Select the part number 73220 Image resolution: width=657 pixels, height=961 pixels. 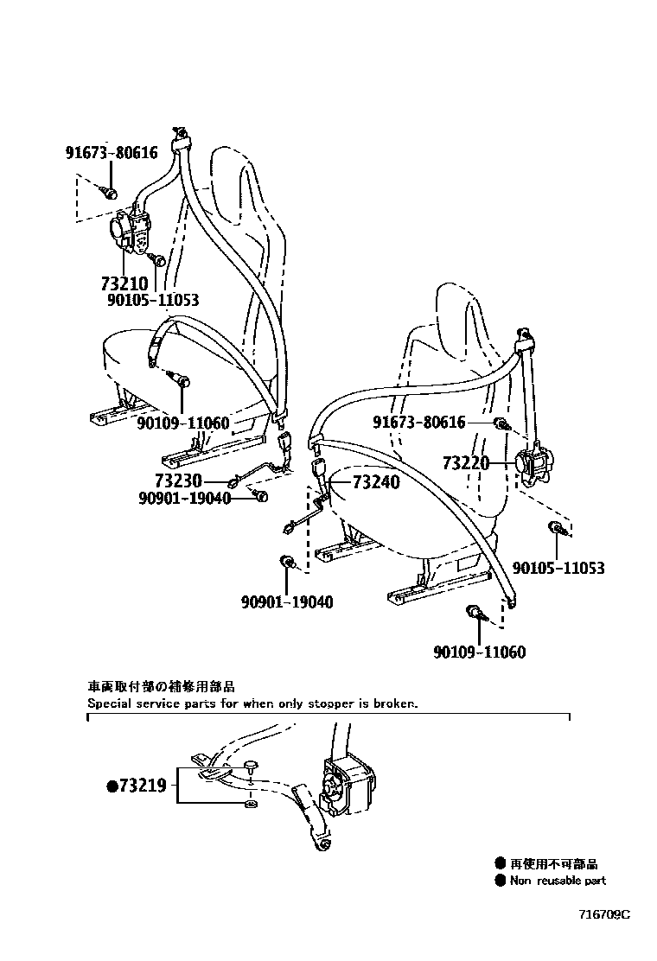467,463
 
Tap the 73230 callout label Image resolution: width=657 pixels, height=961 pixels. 178,480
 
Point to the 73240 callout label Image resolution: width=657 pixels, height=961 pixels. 376,481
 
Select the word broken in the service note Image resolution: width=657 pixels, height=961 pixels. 396,703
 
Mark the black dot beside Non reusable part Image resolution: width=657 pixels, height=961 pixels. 500,881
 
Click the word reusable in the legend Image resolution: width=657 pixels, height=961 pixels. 558,881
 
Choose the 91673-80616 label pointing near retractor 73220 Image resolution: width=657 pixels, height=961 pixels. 418,423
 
